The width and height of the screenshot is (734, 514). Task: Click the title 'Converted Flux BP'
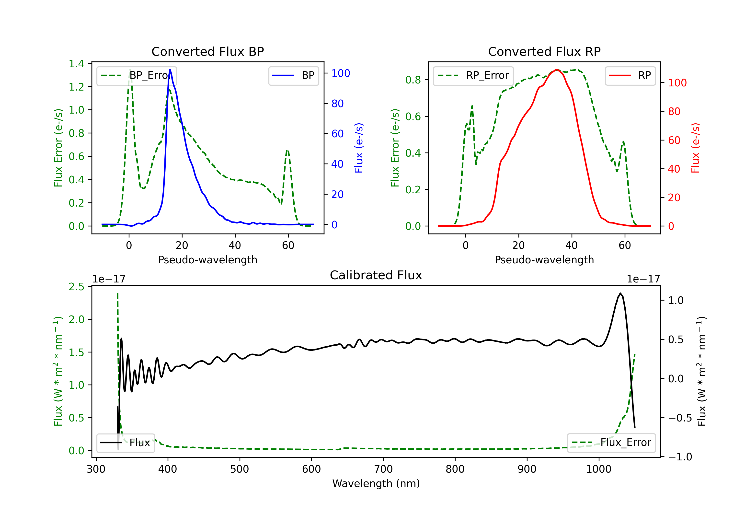tap(207, 51)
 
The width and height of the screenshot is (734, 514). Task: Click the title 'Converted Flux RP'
tap(544, 51)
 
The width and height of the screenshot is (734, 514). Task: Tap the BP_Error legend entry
tap(137, 75)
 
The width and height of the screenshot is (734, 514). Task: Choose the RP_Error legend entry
tap(473, 75)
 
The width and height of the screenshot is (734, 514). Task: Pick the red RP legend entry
tap(630, 75)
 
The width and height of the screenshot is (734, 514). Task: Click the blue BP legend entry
tap(293, 75)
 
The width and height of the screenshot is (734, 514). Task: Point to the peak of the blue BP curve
tap(170, 70)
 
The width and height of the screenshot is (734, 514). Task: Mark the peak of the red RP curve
tap(557, 70)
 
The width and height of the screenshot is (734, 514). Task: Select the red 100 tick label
tap(677, 83)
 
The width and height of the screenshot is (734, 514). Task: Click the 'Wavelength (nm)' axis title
tap(376, 483)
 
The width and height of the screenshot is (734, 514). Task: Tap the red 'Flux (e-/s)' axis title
tap(696, 148)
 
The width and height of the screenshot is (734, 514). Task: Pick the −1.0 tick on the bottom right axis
tap(680, 457)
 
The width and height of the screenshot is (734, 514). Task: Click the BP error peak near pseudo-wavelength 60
tap(287, 150)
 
